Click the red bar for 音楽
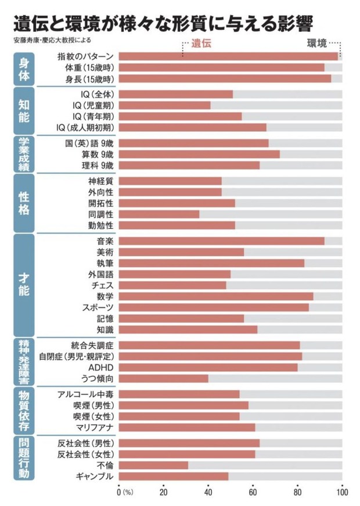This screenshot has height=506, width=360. (x=221, y=241)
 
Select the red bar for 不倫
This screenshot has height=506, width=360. (x=153, y=465)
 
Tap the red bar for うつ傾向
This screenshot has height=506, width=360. (x=163, y=379)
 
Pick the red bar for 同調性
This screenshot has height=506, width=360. (x=159, y=214)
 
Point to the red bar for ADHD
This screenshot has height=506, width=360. (x=208, y=368)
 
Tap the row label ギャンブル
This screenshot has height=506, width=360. (x=94, y=476)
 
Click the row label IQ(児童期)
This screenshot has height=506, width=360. (x=93, y=105)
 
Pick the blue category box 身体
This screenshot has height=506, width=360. (x=23, y=68)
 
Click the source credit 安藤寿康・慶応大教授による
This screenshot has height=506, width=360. (x=51, y=41)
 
